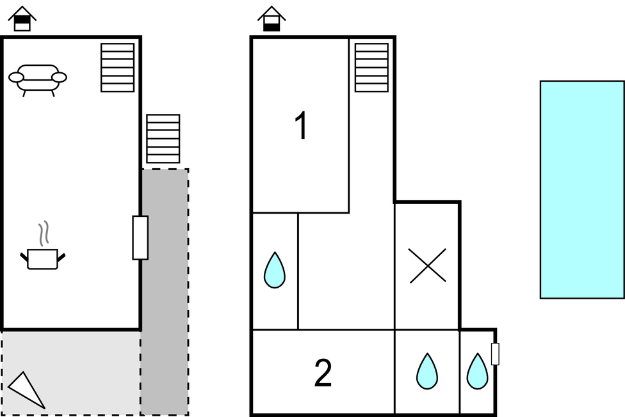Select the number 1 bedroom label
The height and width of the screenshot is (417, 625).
point(302,125)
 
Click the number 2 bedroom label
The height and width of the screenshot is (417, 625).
point(323,373)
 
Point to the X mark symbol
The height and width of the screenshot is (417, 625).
point(428,265)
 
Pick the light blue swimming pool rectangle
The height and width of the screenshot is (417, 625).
point(582,189)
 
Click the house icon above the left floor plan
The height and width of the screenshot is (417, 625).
point(22,19)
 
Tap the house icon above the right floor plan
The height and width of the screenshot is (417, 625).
point(272,19)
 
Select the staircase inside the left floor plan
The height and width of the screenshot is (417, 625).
point(117,68)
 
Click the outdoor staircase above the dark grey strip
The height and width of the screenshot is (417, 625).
point(163,139)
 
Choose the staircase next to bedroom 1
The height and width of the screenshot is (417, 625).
point(371,68)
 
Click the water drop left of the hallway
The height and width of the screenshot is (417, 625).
point(275,270)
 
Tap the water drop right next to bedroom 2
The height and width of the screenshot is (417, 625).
point(427,371)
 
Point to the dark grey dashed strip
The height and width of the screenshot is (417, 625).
point(165,292)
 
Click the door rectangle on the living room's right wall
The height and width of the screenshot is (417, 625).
point(140,238)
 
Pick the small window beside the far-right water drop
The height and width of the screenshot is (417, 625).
point(495,354)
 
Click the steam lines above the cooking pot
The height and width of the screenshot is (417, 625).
point(44,233)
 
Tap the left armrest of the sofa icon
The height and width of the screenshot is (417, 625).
point(16,77)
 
